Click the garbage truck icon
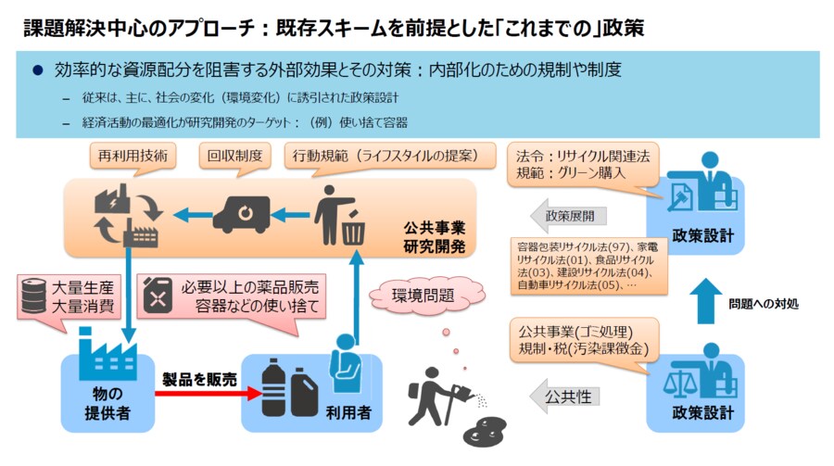[x=242, y=214]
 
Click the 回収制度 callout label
[x=236, y=156]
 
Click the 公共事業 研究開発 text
[x=434, y=236]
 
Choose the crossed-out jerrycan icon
[x=159, y=295]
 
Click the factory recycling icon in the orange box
[x=126, y=215]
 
